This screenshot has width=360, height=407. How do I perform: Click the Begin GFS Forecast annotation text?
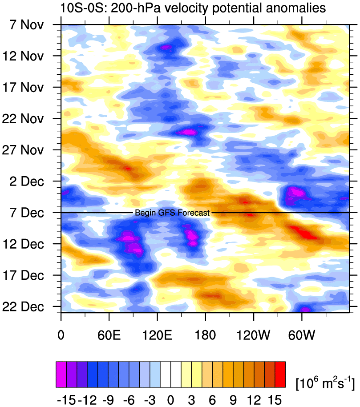point(172,213)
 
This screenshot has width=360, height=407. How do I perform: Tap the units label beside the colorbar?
point(325,381)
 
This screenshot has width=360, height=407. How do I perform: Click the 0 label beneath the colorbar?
point(170,399)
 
